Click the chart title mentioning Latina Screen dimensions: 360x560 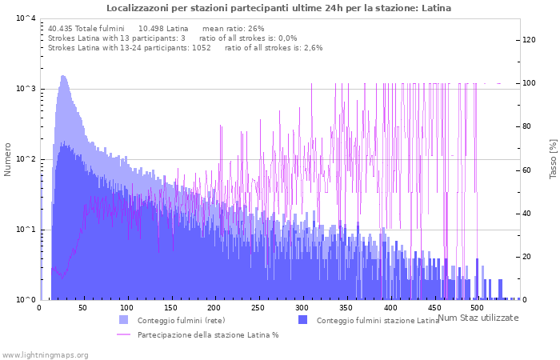(278, 8)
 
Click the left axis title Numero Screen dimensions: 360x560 (8, 159)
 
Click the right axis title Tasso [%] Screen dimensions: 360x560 (553, 159)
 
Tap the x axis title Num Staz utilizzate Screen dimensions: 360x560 (478, 318)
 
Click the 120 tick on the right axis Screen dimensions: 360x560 (529, 40)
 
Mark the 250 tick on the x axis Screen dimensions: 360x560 (258, 308)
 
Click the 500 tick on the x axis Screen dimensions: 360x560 (477, 308)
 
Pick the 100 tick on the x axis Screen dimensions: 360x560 (127, 308)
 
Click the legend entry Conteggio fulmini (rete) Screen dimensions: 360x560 (181, 321)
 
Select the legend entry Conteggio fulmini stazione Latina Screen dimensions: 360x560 (378, 321)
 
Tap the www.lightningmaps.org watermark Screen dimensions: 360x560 (45, 354)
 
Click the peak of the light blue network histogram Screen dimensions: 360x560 (63, 77)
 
